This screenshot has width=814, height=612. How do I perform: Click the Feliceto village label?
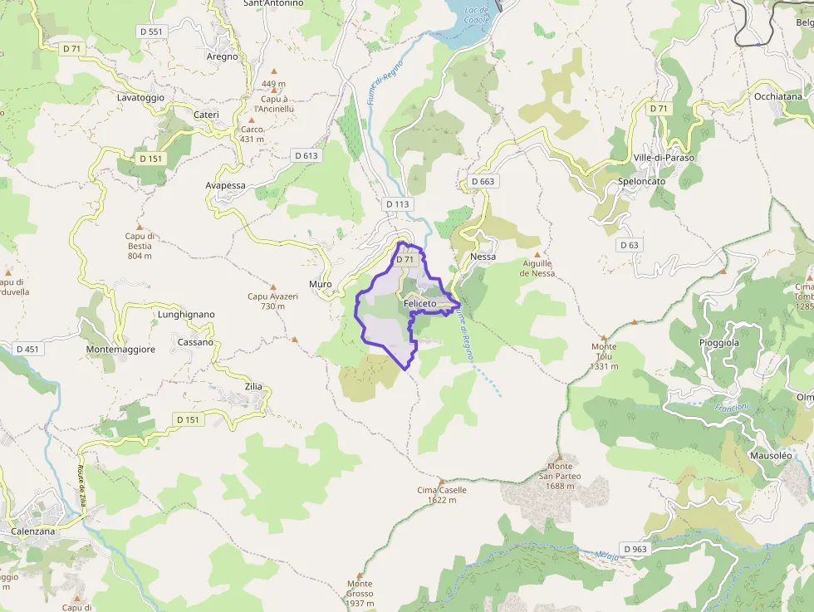click(419, 304)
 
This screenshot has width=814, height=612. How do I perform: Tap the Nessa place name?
click(483, 257)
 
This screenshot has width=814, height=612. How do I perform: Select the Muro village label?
click(321, 284)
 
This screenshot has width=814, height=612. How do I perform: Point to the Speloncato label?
click(642, 181)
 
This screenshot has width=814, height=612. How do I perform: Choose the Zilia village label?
click(253, 387)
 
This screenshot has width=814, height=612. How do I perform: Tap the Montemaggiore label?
click(120, 350)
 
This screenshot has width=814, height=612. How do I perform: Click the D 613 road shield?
click(306, 155)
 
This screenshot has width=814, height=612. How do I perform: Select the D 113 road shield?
click(398, 203)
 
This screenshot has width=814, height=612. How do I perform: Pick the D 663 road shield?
click(483, 181)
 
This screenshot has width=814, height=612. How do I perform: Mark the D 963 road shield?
click(634, 549)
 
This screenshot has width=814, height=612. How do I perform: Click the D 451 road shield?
click(27, 349)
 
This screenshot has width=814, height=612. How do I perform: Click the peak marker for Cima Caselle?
click(441, 480)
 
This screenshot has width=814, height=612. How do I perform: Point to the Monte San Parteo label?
click(560, 477)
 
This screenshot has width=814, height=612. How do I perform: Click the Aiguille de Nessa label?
click(537, 268)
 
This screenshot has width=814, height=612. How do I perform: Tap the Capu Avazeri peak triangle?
click(272, 287)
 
